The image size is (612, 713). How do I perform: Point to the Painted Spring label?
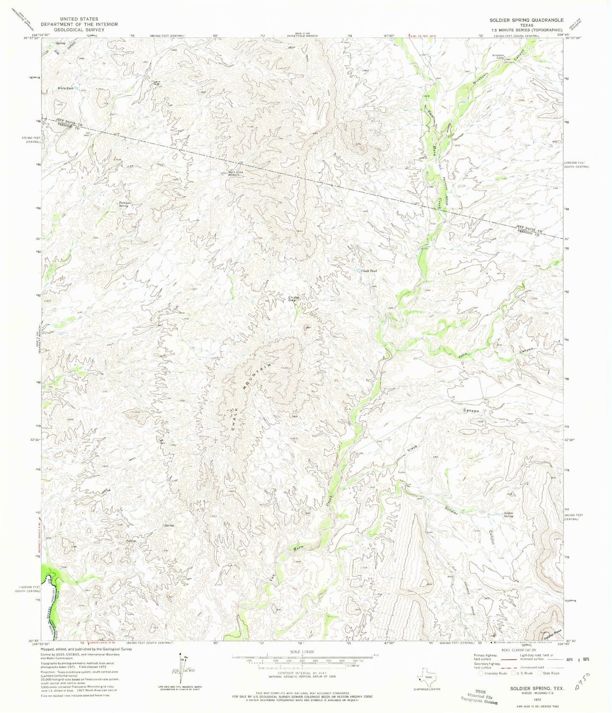tap(124, 204)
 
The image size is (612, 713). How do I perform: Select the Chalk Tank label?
tap(368, 271)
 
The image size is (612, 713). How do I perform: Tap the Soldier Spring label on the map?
tap(509, 515)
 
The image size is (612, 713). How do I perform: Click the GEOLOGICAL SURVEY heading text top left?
tap(79, 30)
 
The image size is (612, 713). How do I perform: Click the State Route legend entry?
tap(548, 673)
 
